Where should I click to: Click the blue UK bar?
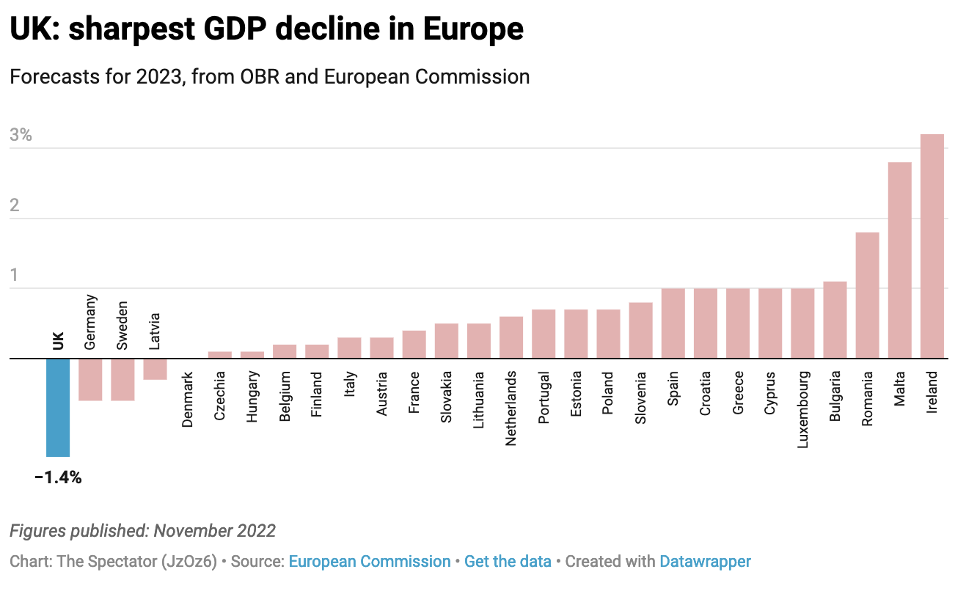(58, 407)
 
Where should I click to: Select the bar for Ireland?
(932, 246)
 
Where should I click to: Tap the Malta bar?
(900, 260)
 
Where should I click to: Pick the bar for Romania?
(868, 296)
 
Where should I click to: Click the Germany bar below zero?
(90, 379)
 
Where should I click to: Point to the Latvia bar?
(155, 369)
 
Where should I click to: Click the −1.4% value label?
(58, 478)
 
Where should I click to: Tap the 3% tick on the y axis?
(21, 135)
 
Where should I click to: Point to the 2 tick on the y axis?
(15, 205)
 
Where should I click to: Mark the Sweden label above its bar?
(122, 325)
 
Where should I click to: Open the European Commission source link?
(370, 562)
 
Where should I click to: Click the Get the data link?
(508, 562)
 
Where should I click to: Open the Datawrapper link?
(705, 562)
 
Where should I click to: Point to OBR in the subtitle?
(260, 76)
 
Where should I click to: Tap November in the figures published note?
(194, 531)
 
